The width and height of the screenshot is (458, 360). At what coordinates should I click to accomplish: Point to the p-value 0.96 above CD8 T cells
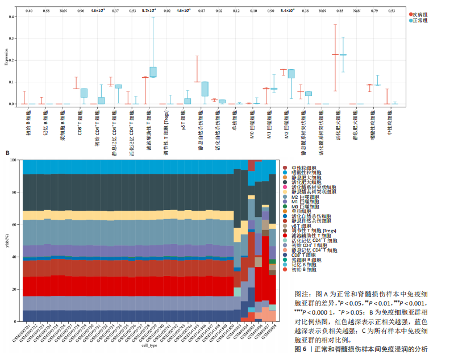click(80, 11)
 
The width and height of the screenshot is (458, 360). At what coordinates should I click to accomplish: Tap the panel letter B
click(7, 153)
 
